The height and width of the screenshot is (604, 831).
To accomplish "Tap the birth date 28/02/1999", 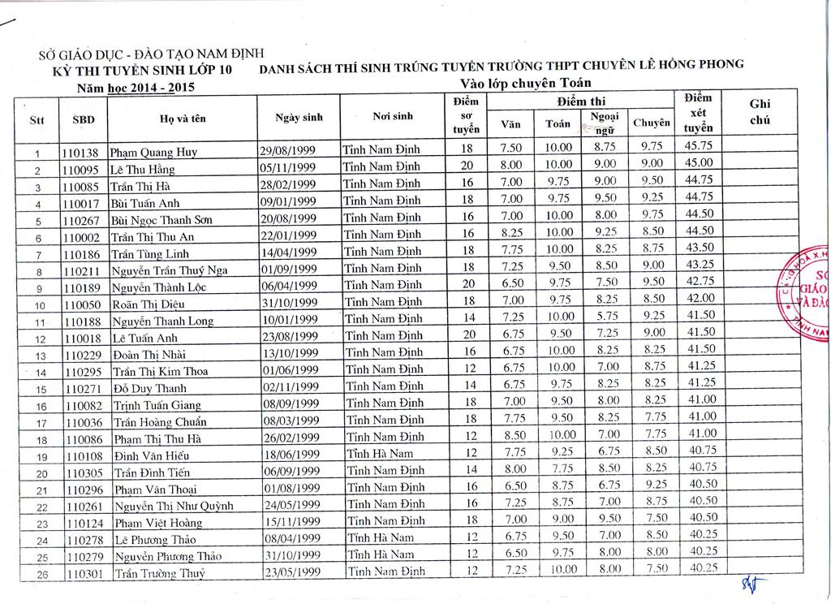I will coord(287,186).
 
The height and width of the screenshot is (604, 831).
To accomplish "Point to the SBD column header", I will coord(84,119).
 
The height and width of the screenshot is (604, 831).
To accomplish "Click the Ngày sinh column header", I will coord(299,118).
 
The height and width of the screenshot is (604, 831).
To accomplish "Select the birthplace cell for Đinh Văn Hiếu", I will coord(379,454).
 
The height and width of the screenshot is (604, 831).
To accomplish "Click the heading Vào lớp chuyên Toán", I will coord(525,83).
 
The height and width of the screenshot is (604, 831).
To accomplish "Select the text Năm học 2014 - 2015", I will coord(136,87).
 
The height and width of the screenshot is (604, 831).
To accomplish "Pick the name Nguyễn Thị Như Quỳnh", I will coord(173,506).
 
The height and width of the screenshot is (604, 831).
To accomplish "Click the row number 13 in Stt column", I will coord(37,355).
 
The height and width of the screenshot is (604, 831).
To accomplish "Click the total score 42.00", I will coord(700,298).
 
